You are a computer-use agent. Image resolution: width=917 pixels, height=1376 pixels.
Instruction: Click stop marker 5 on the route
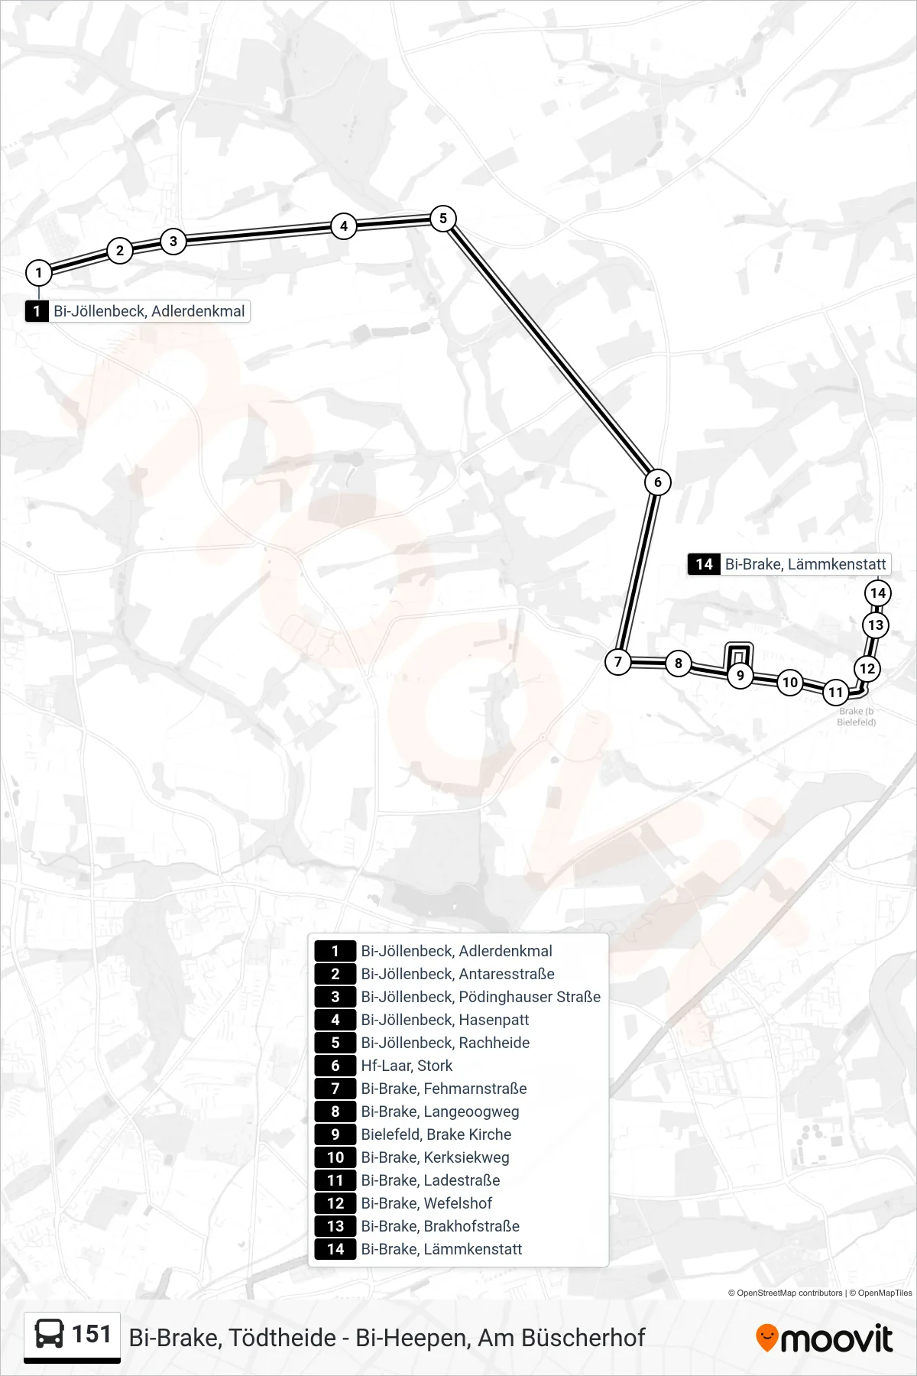coord(443,219)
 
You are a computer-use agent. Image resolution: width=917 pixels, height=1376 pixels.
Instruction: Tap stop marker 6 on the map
coord(658,482)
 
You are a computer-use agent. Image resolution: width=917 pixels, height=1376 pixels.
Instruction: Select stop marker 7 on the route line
coord(618,662)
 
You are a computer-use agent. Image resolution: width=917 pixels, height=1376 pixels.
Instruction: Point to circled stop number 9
coord(740,676)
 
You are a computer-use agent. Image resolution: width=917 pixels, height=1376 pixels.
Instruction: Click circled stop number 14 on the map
coord(878,592)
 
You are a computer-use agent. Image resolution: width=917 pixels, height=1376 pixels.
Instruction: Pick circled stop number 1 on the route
coord(39,273)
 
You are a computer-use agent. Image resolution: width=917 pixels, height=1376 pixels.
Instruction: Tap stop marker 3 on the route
coord(173,242)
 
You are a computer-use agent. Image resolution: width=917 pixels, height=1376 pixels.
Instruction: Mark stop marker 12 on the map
coord(867,669)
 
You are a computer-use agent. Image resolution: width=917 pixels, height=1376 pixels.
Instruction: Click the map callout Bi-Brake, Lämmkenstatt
coord(789,564)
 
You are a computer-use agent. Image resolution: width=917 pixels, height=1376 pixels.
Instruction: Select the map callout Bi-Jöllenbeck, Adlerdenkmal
coord(138,311)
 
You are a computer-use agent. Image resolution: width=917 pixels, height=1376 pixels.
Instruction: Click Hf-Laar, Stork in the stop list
coord(407,1066)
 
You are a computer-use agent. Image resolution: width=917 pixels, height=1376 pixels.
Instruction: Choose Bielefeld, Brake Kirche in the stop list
coord(436,1134)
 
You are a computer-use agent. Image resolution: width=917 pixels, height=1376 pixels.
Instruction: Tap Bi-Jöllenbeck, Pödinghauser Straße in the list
coord(481,997)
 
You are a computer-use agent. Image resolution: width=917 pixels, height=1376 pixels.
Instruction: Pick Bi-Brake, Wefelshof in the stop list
coord(426,1203)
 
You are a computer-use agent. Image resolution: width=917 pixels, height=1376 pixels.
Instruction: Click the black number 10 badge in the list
coord(335,1157)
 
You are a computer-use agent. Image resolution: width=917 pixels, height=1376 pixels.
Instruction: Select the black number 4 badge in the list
coord(335,1020)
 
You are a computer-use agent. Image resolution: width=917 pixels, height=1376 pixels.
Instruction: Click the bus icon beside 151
coord(50,1335)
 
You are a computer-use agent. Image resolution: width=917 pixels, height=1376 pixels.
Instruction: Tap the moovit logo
coord(824,1338)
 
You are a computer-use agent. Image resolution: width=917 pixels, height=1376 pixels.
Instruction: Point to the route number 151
coord(92,1334)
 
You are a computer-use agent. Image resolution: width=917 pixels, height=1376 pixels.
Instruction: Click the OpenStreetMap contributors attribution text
coord(785,1293)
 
